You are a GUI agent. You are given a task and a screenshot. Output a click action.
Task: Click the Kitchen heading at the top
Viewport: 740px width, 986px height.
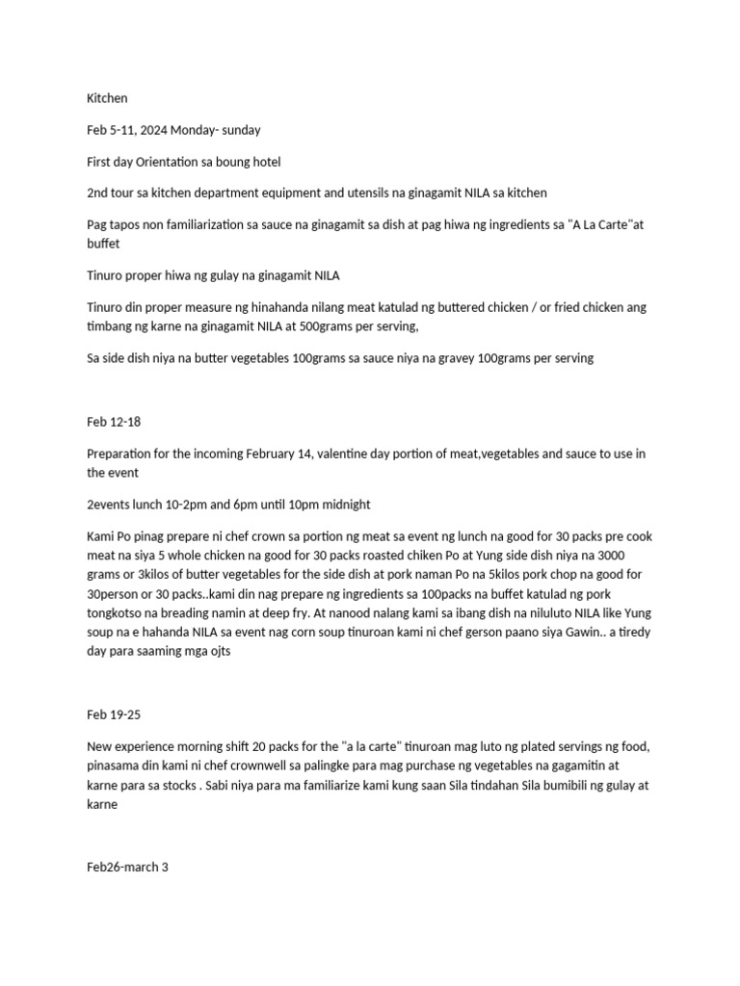click(107, 98)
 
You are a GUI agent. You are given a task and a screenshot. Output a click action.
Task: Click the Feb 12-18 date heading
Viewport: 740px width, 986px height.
click(114, 422)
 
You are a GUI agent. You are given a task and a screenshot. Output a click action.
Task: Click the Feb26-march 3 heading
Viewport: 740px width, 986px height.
click(128, 867)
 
